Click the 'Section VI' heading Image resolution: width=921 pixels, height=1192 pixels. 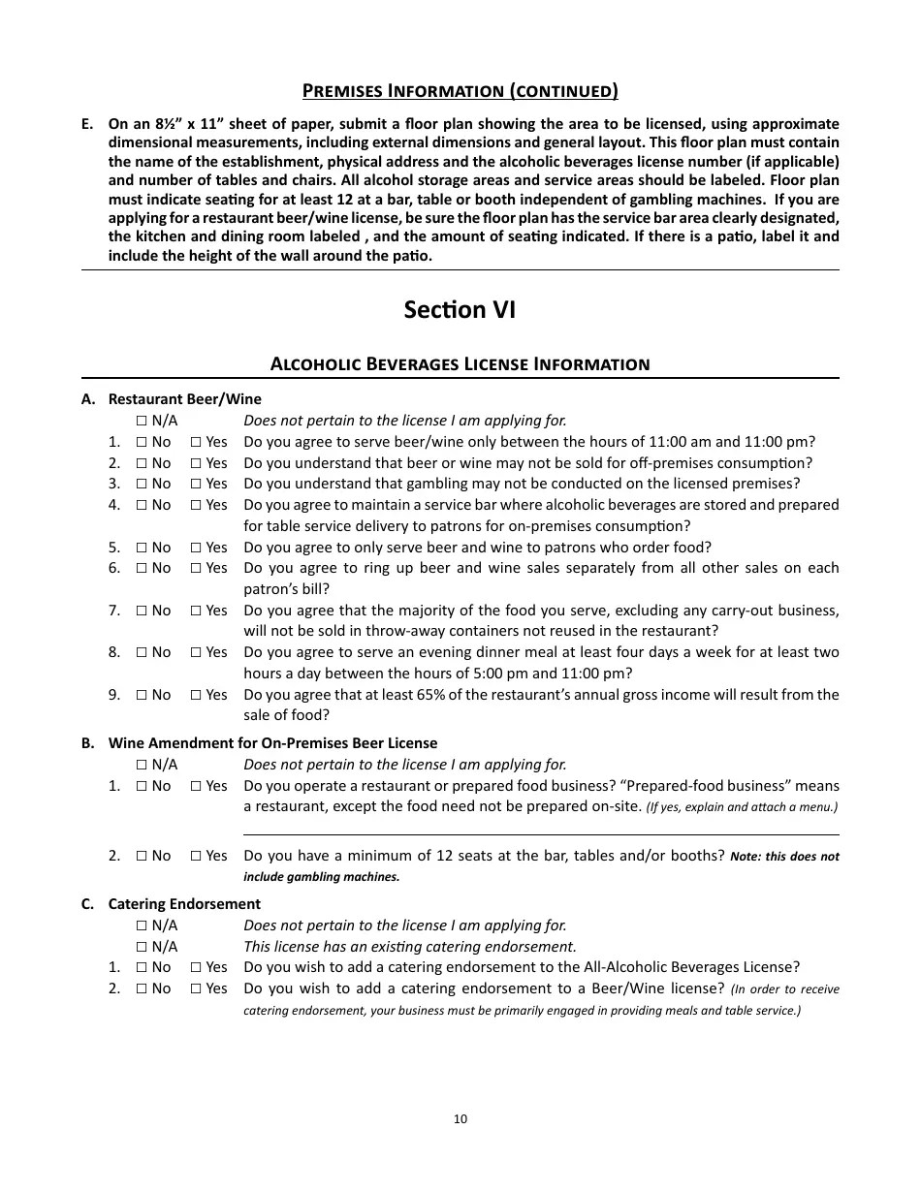click(460, 310)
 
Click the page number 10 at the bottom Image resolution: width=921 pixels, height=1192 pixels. click(460, 1119)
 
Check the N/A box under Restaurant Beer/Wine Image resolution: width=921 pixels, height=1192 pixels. click(142, 421)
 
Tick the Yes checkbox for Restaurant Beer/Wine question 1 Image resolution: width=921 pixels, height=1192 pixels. click(196, 442)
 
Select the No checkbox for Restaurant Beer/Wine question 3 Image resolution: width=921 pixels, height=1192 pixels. click(142, 484)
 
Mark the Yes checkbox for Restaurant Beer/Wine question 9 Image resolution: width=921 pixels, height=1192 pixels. click(196, 695)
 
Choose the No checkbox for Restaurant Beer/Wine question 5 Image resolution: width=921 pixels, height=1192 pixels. click(142, 548)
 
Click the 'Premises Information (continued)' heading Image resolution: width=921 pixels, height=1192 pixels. click(460, 92)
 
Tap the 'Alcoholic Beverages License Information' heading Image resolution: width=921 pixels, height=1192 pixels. click(460, 364)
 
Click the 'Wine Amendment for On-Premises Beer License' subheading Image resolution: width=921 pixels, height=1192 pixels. click(272, 743)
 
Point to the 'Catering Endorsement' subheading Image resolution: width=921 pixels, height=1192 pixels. click(184, 904)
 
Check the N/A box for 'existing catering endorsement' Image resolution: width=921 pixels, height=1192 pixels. click(142, 947)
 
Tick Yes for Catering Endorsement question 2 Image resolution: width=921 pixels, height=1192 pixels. click(196, 988)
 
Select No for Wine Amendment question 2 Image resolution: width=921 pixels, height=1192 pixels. click(142, 856)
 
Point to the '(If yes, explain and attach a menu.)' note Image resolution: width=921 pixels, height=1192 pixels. click(742, 807)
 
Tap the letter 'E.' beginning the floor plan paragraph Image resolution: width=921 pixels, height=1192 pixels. click(87, 124)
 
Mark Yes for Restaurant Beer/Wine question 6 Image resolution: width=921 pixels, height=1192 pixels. click(196, 568)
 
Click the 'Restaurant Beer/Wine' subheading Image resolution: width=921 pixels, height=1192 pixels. click(184, 399)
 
